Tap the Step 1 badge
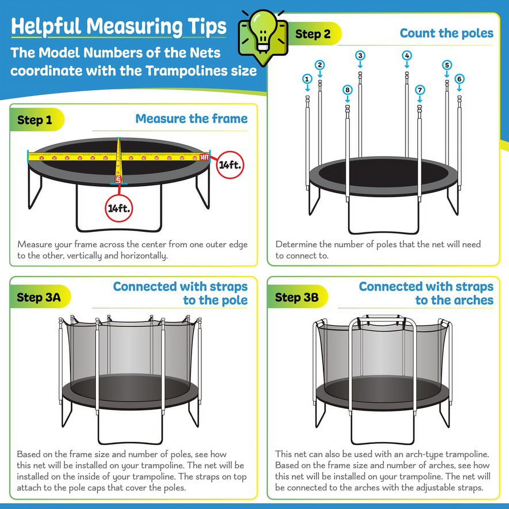coord(35,120)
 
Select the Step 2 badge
coord(313,34)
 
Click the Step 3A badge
coord(39,297)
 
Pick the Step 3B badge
coord(296,297)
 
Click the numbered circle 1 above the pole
coord(307,79)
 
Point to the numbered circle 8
coord(347,90)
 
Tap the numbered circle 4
coord(407,55)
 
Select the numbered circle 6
coord(459,79)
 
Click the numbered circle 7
coord(420,90)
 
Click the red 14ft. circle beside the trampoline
coord(230,165)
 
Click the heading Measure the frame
coord(191,119)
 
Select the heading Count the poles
coord(446,33)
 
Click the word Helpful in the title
coord(46,26)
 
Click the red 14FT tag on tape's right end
coord(204,157)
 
